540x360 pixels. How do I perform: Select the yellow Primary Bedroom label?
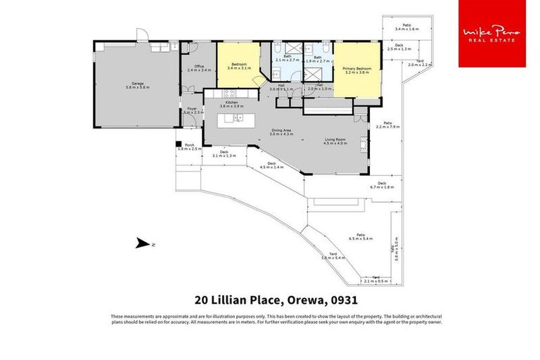coord(356,70)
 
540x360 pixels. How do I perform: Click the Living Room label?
coord(335,141)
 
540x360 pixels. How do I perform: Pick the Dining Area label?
coord(281,131)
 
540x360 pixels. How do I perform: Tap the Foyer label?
coord(191,110)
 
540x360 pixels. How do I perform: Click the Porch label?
coord(189,146)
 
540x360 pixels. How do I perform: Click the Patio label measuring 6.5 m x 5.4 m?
coord(359,236)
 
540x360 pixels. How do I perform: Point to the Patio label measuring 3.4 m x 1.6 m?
coord(407,27)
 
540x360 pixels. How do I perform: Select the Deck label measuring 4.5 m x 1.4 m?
coord(271,165)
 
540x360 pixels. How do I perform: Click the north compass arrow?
coord(143,244)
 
